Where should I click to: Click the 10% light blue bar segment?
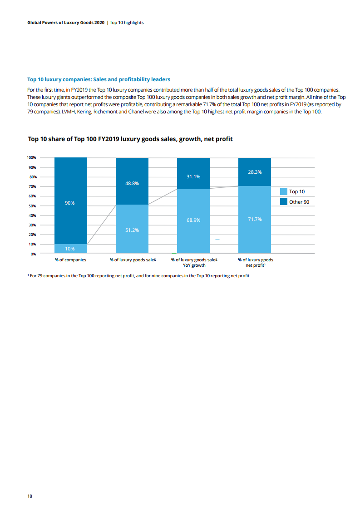pos(70,248)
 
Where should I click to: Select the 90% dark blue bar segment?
pos(70,201)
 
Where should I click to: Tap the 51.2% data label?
pos(132,230)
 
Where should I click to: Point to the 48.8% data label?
pos(132,183)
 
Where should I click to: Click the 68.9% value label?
pos(193,220)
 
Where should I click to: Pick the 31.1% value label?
pos(193,176)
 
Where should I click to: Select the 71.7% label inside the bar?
pos(255,219)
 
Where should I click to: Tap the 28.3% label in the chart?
pos(255,172)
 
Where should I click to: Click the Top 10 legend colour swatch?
pos(284,191)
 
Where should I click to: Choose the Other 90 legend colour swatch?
pos(284,201)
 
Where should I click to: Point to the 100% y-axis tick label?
pos(31,157)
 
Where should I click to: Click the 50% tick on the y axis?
pos(32,206)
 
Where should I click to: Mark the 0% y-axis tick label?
pos(33,254)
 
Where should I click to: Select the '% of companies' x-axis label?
pos(70,259)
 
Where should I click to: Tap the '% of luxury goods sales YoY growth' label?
pos(194,262)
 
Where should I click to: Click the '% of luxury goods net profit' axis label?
pos(256,262)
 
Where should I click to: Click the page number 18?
pos(30,496)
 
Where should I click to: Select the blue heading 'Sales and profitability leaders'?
pos(132,79)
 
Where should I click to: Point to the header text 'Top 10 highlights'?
pos(127,23)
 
